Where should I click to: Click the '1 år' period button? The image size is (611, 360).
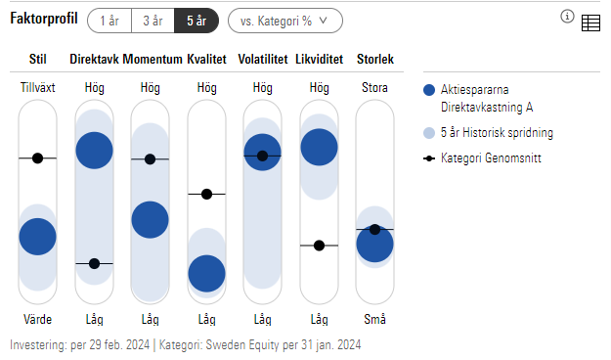[x=109, y=20]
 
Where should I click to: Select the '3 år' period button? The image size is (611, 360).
[x=152, y=20]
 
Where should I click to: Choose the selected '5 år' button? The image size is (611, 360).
[x=195, y=20]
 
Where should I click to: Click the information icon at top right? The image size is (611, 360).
[x=567, y=17]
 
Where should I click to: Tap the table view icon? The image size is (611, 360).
[x=590, y=23]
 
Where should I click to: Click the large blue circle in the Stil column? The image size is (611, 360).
[x=38, y=236]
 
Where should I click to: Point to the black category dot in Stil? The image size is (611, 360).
[x=38, y=157]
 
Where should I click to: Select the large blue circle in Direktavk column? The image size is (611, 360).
[x=95, y=150]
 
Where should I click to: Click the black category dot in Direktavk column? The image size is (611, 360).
[x=95, y=263]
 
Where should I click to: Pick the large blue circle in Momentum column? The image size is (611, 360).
[x=151, y=219]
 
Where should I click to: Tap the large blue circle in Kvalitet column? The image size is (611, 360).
[x=206, y=273]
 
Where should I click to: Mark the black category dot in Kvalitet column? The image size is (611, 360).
[x=206, y=194]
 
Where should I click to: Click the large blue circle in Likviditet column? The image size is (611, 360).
[x=319, y=147]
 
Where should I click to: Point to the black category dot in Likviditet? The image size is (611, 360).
[x=319, y=245]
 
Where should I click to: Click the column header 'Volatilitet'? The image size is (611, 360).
[x=262, y=61]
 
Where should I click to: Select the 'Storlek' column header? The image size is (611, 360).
[x=375, y=61]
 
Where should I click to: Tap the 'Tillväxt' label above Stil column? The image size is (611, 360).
[x=38, y=88]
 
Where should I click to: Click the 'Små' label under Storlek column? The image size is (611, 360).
[x=374, y=319]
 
